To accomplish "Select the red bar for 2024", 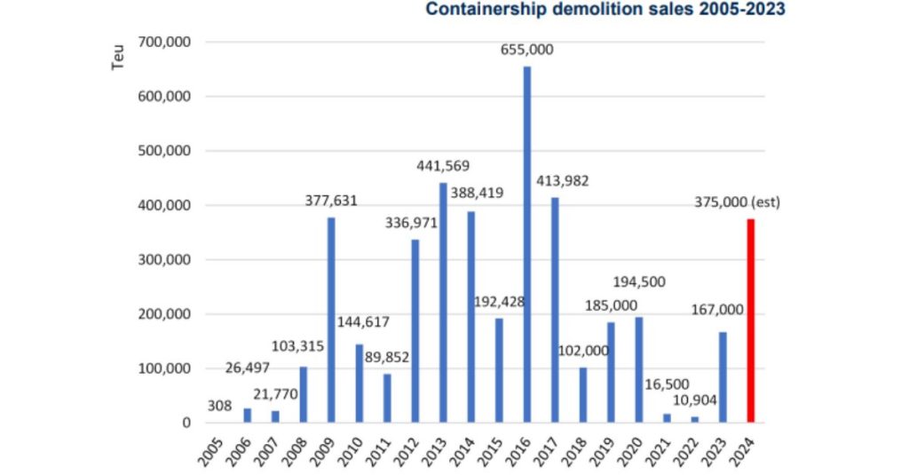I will [751, 321].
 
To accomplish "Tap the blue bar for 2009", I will [331, 320].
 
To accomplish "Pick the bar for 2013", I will [443, 302].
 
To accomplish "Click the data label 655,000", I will [526, 50].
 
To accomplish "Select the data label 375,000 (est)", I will [738, 202].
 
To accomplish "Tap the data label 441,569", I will [443, 166].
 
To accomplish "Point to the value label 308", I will [219, 406].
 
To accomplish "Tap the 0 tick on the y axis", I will [186, 424].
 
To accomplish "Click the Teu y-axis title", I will [118, 57].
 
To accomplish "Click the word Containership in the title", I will [487, 10].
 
